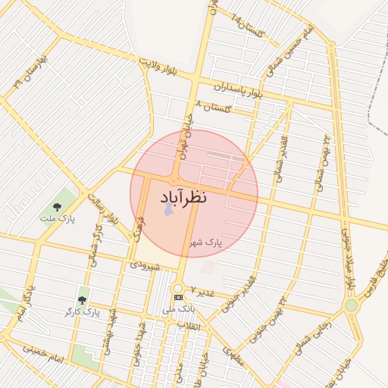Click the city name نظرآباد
193,198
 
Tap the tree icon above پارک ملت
57,206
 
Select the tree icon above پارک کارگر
82,300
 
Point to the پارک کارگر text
82,311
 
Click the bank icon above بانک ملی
178,298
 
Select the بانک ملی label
179,309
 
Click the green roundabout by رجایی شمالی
351,305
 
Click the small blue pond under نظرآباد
168,208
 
